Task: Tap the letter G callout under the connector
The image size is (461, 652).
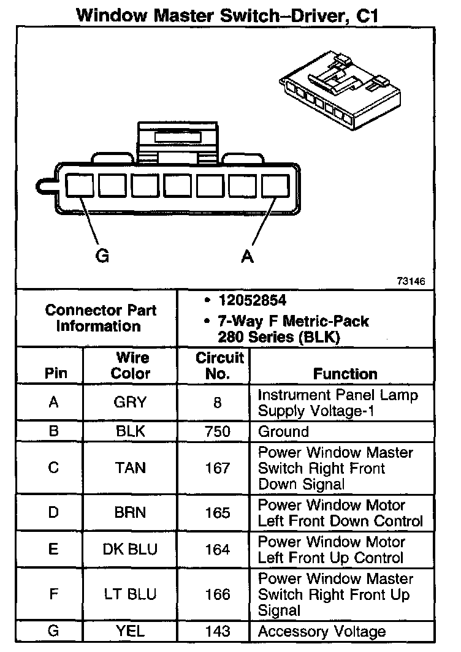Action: click(x=102, y=256)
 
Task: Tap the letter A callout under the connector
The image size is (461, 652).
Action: click(x=247, y=257)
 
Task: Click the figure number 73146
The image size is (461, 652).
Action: click(x=410, y=282)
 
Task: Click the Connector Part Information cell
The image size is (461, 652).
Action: click(x=101, y=317)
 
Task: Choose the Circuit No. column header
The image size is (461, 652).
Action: click(x=219, y=365)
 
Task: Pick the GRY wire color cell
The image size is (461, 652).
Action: click(x=131, y=402)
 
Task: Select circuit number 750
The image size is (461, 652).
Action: click(x=218, y=431)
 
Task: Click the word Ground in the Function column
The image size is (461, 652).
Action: click(x=283, y=431)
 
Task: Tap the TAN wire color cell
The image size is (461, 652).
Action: click(x=131, y=468)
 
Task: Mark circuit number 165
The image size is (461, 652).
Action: click(x=218, y=513)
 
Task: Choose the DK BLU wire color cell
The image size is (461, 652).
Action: click(x=130, y=550)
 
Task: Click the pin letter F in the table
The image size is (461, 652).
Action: click(x=53, y=594)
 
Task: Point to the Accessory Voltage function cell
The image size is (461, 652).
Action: click(x=322, y=631)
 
